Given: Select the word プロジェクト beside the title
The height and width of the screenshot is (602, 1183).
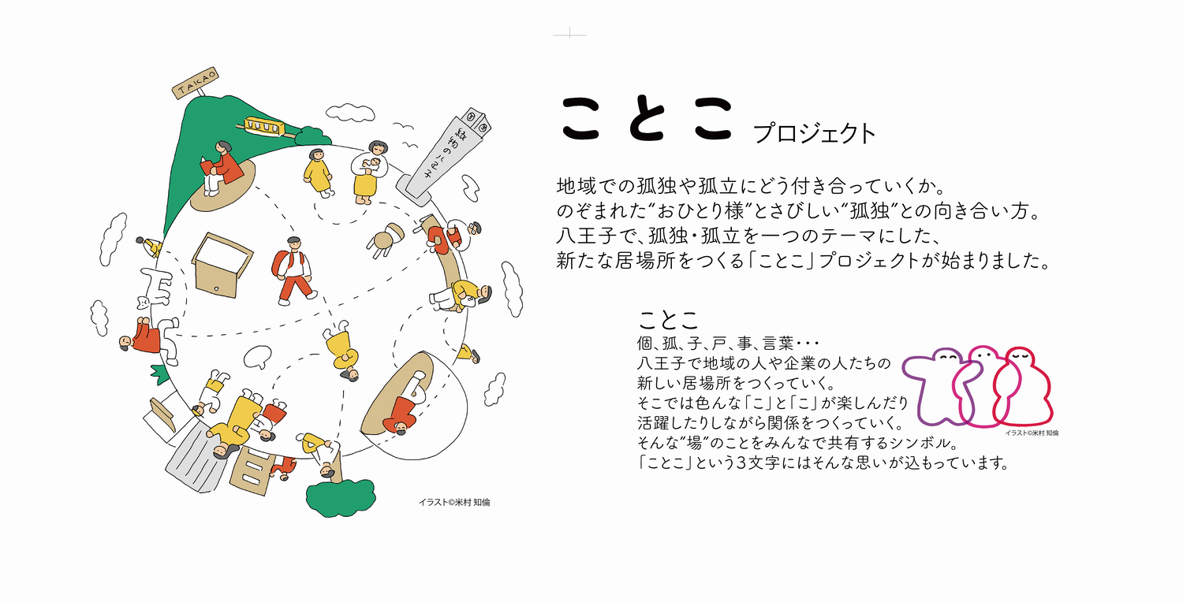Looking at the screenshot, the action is [815, 133].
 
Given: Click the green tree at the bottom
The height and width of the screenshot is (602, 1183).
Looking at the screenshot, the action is [341, 497].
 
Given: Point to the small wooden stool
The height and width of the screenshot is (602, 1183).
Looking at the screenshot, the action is [386, 240].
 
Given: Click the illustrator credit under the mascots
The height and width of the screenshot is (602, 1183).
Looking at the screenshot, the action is [1032, 433].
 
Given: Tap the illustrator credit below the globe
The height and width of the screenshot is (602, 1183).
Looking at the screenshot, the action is [454, 502].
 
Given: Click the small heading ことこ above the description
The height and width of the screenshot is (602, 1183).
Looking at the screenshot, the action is [667, 320].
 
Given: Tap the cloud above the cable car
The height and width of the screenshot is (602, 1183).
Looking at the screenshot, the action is [350, 113].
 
